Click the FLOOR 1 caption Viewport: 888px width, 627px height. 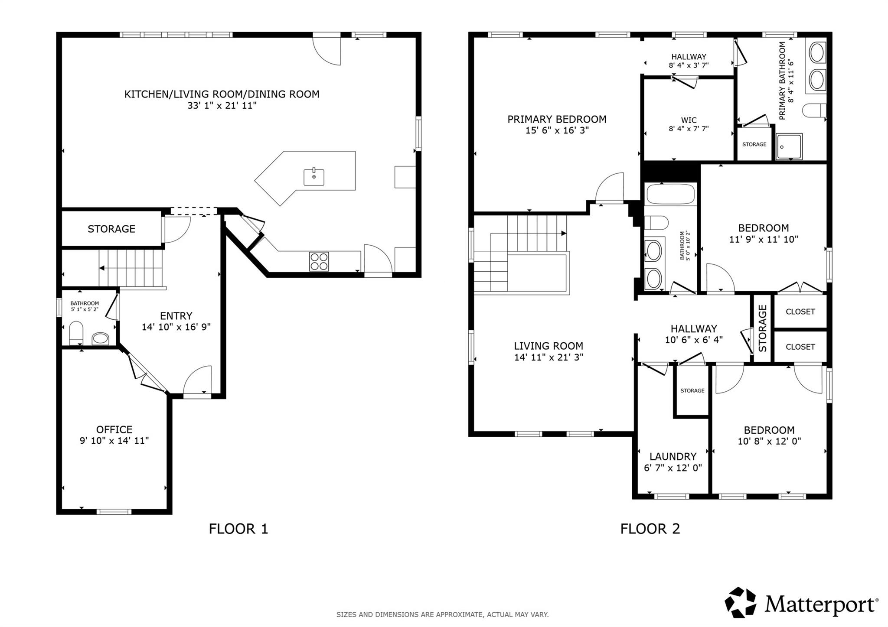238,529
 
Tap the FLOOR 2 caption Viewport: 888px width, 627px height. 650,529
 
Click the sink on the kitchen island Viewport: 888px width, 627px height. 313,177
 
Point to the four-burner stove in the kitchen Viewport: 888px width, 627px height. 319,261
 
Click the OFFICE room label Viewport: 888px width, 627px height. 114,429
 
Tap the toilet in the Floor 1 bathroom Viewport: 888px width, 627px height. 76,332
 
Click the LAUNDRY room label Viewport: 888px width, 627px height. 673,456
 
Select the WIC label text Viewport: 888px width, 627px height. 689,120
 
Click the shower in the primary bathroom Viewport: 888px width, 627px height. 789,146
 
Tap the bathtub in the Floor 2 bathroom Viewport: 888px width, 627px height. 670,194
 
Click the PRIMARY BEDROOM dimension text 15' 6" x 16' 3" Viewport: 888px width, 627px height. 557,130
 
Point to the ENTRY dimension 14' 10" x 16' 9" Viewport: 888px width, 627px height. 176,327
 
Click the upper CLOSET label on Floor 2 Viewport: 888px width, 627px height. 800,312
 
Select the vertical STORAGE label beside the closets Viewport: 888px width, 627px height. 763,328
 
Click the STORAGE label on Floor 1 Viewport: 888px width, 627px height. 111,229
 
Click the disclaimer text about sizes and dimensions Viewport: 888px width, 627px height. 442,614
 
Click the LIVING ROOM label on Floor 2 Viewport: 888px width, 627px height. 548,346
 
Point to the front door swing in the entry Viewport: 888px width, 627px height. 198,381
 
